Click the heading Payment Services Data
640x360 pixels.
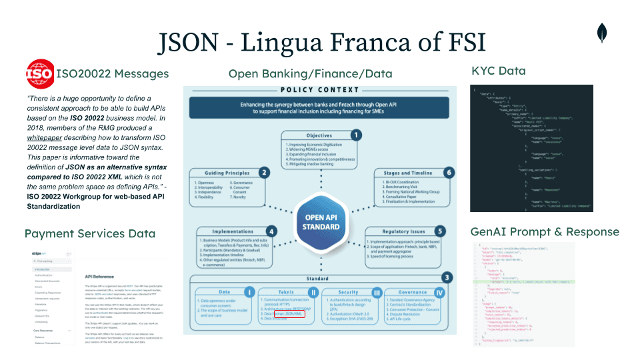tap(90, 233)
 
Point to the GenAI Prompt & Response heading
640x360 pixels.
tap(545, 232)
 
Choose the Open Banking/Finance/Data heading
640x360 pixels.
tap(310, 73)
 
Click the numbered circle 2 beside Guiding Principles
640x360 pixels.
tap(264, 173)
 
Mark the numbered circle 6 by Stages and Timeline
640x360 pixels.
tap(449, 172)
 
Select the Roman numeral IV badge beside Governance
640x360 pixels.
tap(439, 291)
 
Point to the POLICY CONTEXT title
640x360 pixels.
tap(320, 90)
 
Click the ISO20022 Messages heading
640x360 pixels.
tap(113, 73)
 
